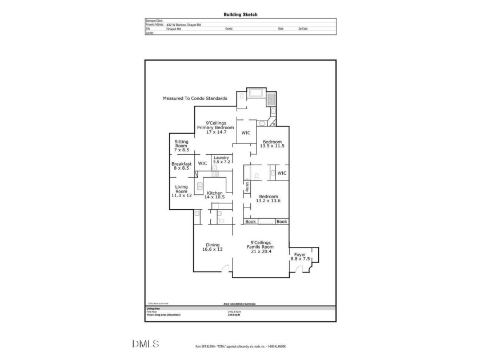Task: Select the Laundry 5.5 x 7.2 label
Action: tap(222, 159)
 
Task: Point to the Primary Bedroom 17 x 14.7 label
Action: tap(216, 127)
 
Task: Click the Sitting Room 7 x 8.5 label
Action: tap(181, 146)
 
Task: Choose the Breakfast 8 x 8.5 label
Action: tap(181, 166)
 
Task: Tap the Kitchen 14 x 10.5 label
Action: tap(214, 195)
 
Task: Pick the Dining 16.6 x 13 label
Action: tap(213, 247)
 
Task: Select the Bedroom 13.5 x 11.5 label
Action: tap(272, 143)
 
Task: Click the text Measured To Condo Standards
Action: tap(195, 98)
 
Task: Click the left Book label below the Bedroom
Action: tap(250, 221)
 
